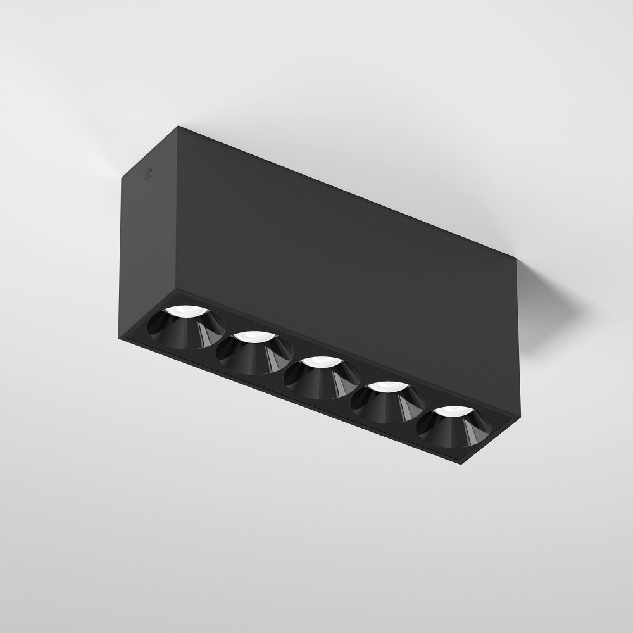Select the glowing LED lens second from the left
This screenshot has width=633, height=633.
(253, 337)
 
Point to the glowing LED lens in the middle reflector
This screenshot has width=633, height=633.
(320, 363)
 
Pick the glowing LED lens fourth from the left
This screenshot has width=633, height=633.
(387, 387)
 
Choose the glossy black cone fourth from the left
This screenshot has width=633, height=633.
(388, 404)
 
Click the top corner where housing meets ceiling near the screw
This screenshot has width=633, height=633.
(180, 127)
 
